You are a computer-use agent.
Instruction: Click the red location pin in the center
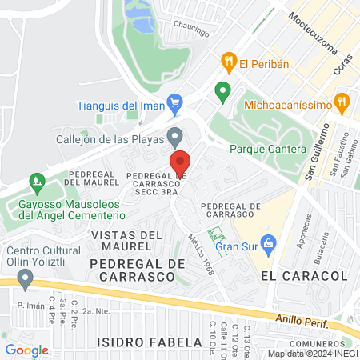pos(181,164)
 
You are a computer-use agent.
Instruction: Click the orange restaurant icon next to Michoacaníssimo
pos(343,103)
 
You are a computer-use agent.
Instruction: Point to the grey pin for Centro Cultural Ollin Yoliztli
pos(26,278)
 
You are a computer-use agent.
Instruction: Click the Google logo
pos(26,350)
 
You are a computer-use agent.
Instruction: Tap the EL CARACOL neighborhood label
pos(303,275)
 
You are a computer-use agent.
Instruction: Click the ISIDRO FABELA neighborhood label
pos(149,342)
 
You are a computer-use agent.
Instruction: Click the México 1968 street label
pos(202,251)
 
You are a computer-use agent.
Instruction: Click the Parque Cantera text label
pos(267,150)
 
